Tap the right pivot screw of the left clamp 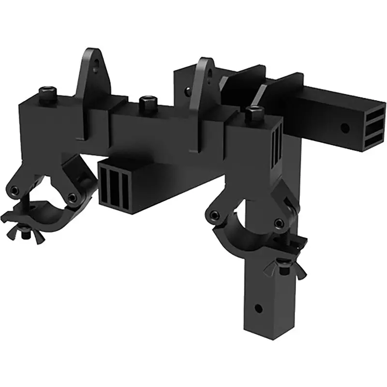[x=72, y=197]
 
